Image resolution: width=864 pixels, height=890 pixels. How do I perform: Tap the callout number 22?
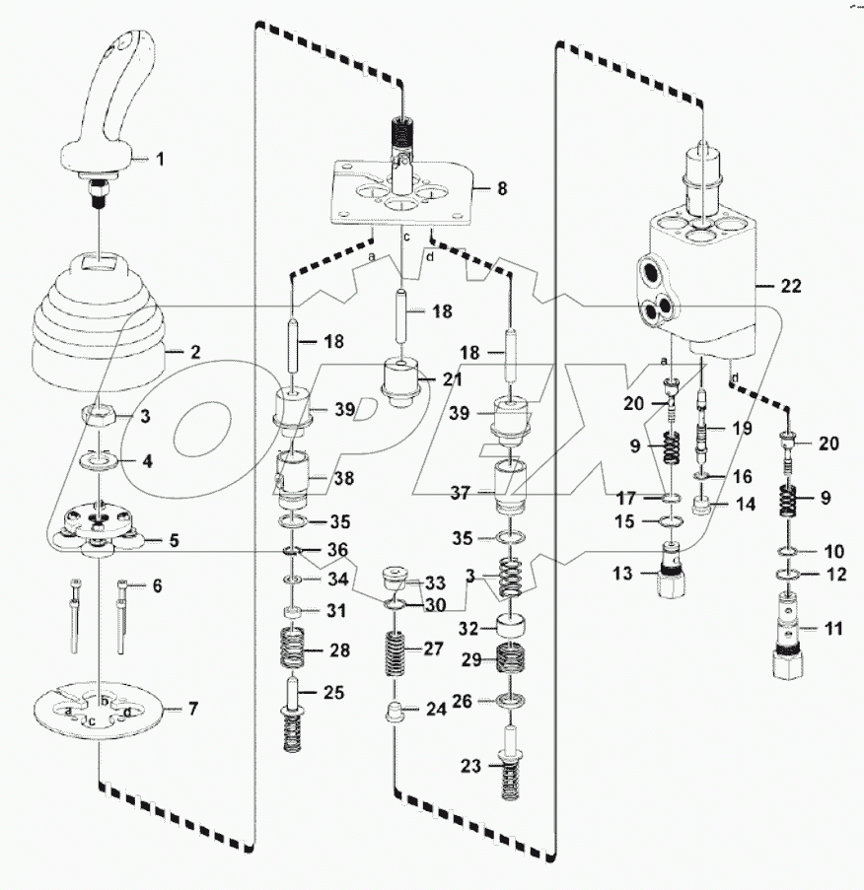point(791,287)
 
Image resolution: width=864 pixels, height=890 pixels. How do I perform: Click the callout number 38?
point(340,480)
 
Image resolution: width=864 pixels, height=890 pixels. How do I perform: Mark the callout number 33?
point(435,582)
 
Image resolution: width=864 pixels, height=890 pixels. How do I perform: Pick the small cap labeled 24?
point(395,711)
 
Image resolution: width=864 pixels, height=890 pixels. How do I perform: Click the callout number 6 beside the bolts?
point(155,586)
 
